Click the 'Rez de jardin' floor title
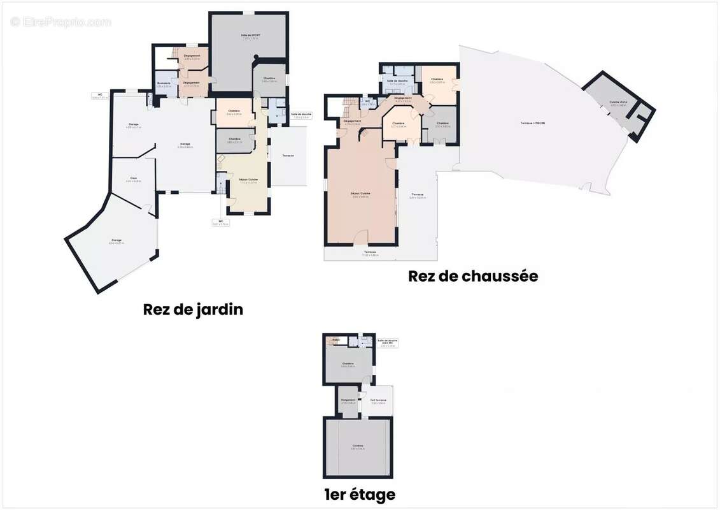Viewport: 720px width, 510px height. point(193,310)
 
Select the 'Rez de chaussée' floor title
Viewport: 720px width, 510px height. point(473,276)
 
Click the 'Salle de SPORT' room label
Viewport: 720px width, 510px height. point(251,36)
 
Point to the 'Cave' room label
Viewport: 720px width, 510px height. point(134,178)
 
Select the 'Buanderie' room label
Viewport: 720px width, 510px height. point(164,84)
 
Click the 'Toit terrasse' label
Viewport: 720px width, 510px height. point(378,401)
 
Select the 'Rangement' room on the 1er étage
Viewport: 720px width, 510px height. point(348,401)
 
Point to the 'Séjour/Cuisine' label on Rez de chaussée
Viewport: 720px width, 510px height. point(361,194)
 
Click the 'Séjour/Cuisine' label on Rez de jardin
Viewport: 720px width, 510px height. point(248,180)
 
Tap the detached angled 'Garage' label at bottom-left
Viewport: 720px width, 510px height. point(116,241)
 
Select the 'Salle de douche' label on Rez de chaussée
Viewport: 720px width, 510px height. point(398,81)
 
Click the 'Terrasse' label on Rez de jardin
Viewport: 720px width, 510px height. point(288,155)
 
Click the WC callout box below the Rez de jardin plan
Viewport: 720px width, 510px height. point(220,222)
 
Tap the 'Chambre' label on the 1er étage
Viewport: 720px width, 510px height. point(348,364)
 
